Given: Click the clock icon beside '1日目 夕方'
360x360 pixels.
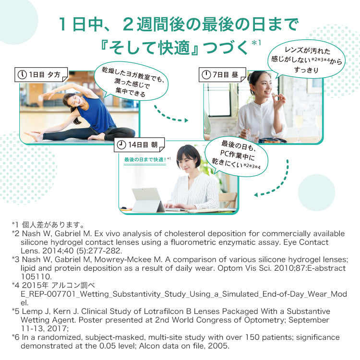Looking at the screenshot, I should coord(22,75).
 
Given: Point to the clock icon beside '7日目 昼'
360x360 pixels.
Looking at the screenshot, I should coord(206,75).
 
